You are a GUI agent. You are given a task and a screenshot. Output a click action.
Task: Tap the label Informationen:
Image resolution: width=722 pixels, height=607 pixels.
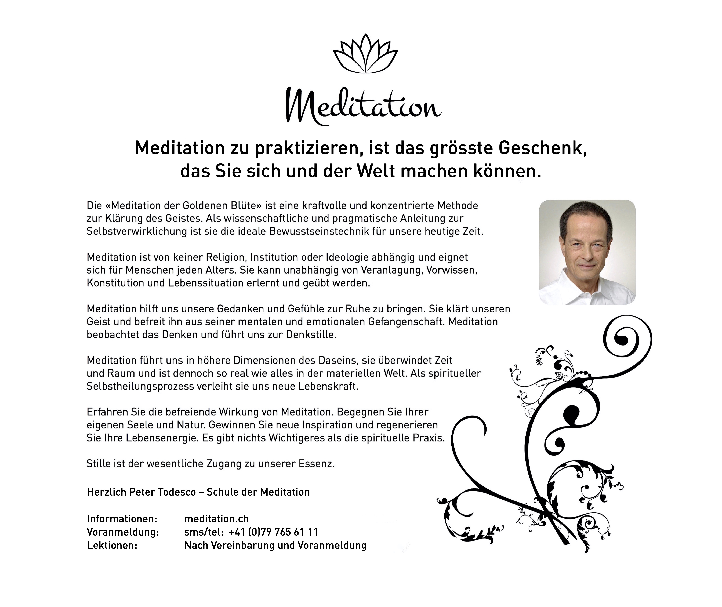click(122, 519)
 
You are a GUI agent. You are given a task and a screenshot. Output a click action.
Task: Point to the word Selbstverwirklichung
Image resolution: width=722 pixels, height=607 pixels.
click(137, 231)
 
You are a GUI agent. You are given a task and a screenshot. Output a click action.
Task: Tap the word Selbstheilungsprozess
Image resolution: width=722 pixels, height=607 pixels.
click(140, 386)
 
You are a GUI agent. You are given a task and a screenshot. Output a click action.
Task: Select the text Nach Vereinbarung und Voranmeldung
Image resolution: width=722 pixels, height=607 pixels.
click(275, 545)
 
